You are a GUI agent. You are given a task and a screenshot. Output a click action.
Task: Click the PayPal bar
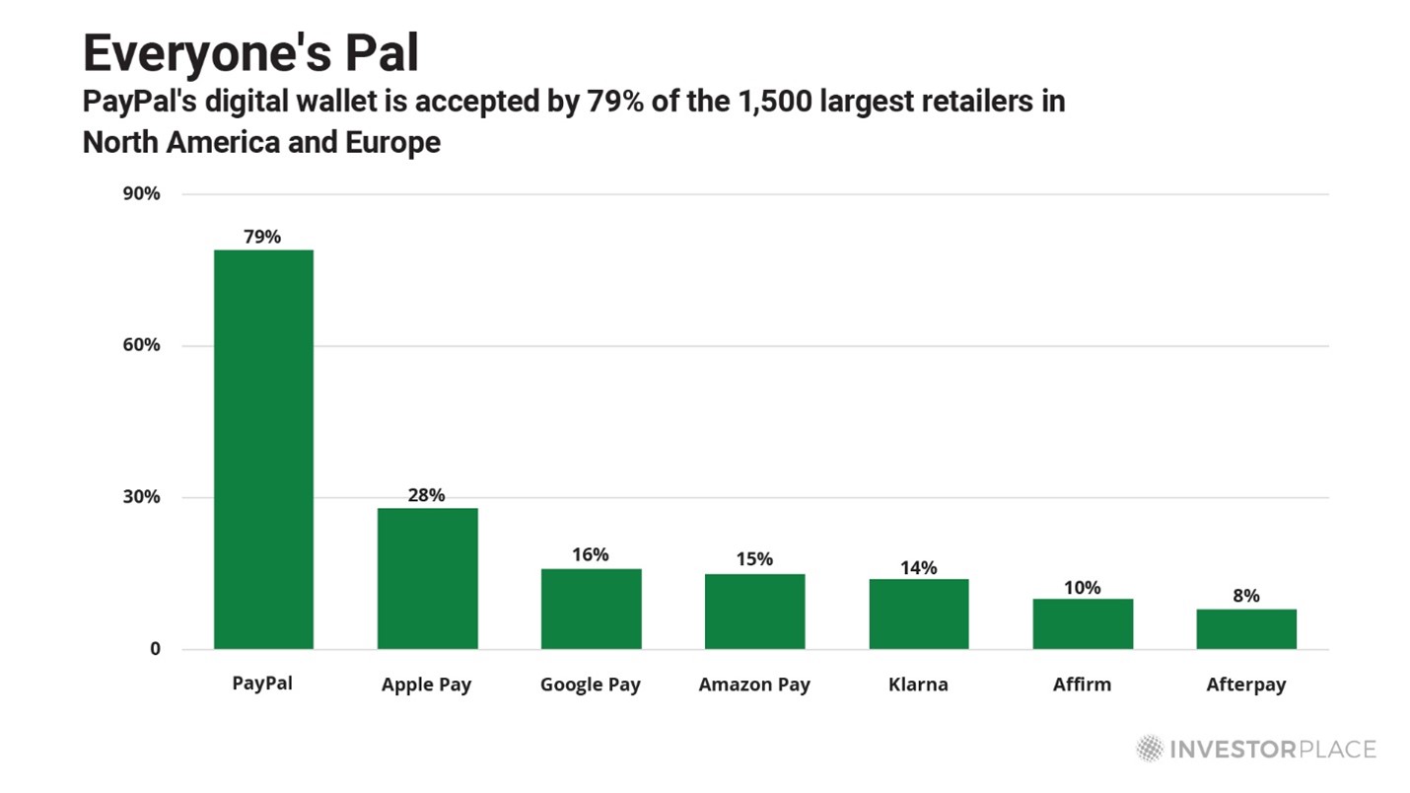click(x=263, y=449)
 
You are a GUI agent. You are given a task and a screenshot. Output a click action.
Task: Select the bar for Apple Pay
click(x=427, y=578)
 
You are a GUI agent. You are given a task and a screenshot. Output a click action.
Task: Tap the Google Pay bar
click(x=591, y=609)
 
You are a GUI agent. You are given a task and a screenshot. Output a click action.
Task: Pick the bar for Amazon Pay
click(x=754, y=612)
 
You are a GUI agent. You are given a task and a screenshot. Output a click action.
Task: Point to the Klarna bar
click(x=918, y=613)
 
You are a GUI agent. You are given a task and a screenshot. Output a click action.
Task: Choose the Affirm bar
click(x=1082, y=623)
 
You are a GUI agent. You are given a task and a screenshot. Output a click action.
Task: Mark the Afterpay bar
click(x=1245, y=628)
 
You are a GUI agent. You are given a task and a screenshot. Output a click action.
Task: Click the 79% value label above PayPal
click(x=262, y=237)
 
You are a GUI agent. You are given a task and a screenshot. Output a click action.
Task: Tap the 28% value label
click(x=426, y=495)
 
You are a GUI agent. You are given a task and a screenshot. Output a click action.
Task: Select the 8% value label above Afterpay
click(x=1245, y=596)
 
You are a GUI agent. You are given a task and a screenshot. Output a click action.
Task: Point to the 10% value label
click(x=1082, y=588)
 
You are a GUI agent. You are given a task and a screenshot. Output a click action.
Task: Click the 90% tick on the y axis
click(x=141, y=193)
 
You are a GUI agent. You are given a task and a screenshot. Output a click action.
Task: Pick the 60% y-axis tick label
click(x=141, y=345)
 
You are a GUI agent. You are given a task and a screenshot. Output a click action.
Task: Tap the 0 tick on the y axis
click(x=154, y=649)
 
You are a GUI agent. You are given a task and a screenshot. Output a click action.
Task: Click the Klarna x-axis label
click(x=918, y=684)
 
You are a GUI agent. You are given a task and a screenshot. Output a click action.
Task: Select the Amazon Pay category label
click(x=754, y=685)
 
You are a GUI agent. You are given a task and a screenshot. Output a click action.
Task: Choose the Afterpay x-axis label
click(x=1245, y=685)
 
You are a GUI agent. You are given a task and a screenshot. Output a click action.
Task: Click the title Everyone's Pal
click(x=250, y=53)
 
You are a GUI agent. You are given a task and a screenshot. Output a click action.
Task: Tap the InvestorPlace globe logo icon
click(x=1149, y=749)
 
